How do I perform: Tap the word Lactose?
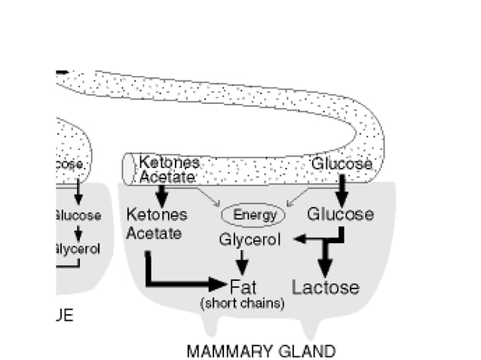325,288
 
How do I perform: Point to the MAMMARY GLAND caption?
260,352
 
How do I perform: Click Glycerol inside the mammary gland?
250,240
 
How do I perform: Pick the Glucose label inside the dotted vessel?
342,163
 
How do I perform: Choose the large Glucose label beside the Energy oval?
340,215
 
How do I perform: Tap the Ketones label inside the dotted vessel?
170,163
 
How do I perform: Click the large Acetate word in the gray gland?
154,233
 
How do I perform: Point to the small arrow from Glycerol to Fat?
242,263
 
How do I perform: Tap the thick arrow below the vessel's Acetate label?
161,194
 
